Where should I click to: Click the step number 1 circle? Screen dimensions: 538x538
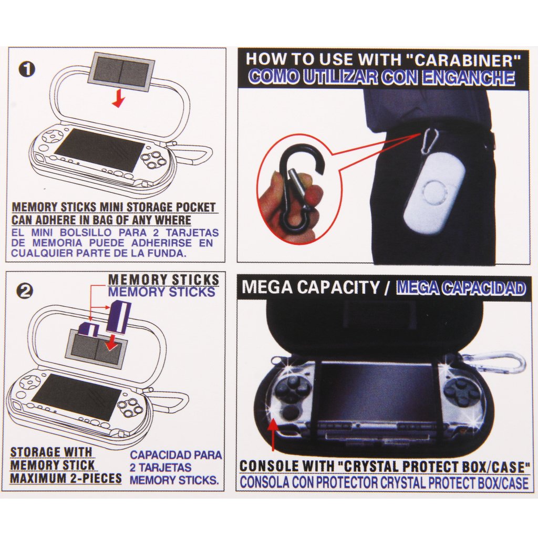coord(26,69)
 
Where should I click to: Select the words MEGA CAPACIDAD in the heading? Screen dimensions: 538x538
coord(461,288)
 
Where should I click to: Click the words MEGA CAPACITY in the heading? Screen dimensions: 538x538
coord(311,288)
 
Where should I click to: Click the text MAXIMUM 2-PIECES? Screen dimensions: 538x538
coord(65,479)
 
